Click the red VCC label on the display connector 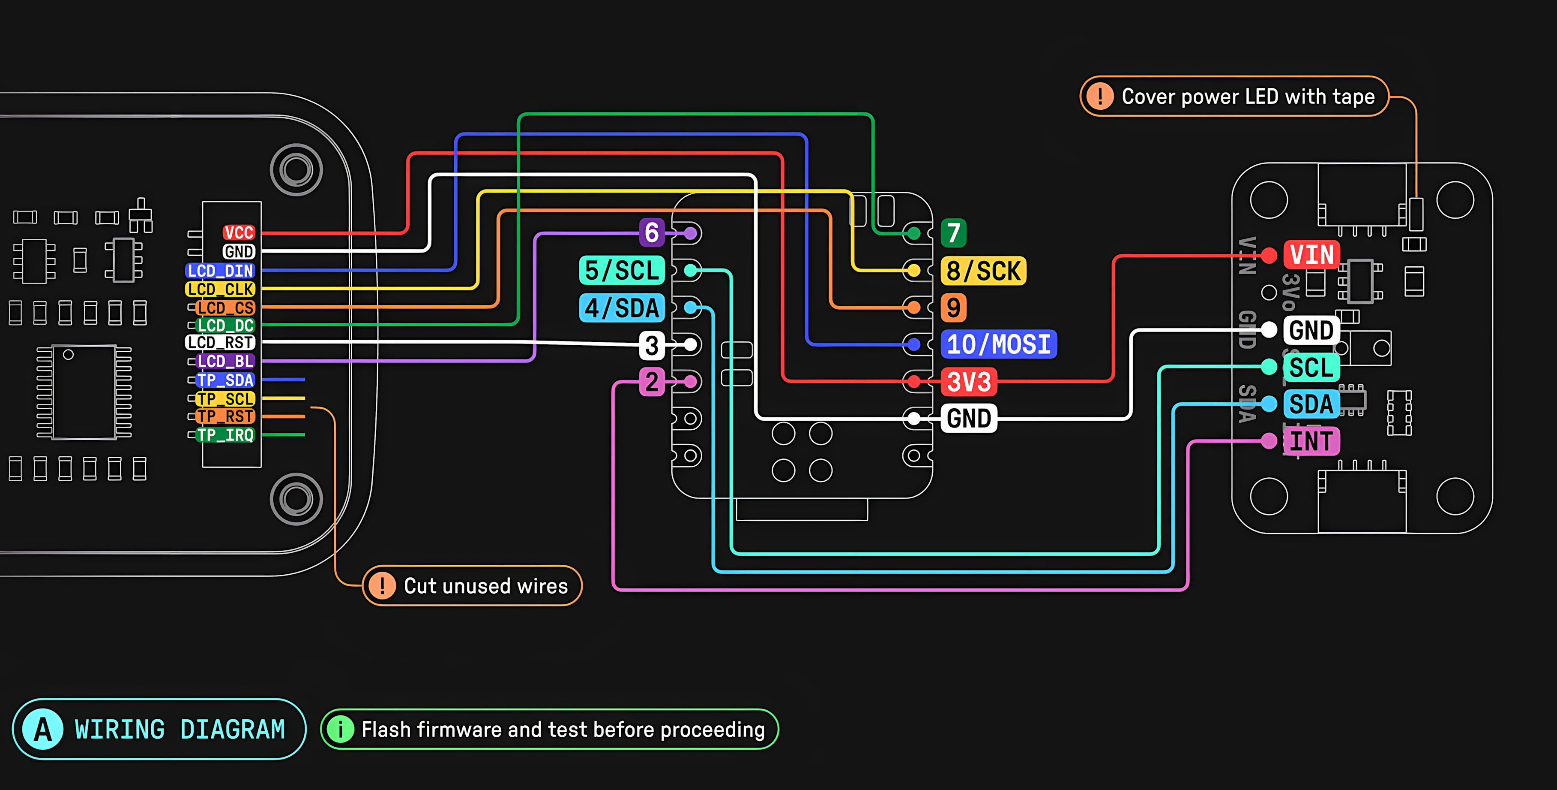point(239,233)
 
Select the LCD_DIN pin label point(220,270)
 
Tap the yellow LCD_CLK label point(220,289)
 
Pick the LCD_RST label point(220,342)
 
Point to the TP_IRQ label point(225,435)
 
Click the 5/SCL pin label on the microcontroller point(621,270)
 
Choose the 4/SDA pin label point(621,308)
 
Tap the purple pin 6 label point(652,233)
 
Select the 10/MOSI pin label point(998,344)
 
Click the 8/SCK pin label point(983,270)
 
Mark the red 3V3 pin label point(968,382)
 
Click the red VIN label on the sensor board point(1311,255)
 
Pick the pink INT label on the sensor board point(1311,441)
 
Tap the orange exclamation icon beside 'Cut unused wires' point(382,585)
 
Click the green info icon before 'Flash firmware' point(340,730)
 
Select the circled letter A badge point(42,730)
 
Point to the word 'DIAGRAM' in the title point(232,730)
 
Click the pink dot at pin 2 point(690,382)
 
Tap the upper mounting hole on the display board point(296,169)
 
